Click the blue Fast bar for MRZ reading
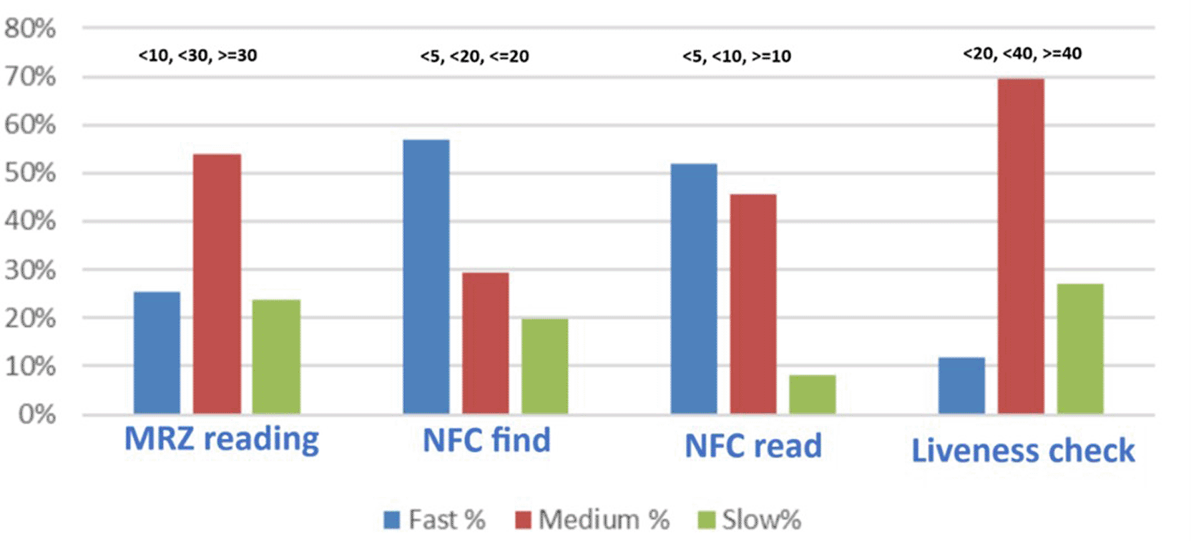click(x=157, y=353)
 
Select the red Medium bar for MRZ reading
click(x=217, y=284)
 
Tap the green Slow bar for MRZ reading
click(x=277, y=357)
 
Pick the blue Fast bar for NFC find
click(x=426, y=277)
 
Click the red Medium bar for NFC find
click(x=486, y=343)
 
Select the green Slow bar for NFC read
click(x=813, y=394)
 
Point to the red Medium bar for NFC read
click(x=753, y=304)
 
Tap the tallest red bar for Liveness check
click(x=1021, y=247)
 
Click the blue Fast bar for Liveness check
click(x=961, y=386)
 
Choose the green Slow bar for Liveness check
click(x=1080, y=349)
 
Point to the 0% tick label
click(x=36, y=415)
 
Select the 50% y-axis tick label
click(x=30, y=173)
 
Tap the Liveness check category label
click(x=1023, y=451)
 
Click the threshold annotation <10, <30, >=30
click(x=198, y=55)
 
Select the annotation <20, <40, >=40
click(x=1022, y=53)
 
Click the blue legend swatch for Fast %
click(x=392, y=520)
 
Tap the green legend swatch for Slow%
click(x=707, y=520)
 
